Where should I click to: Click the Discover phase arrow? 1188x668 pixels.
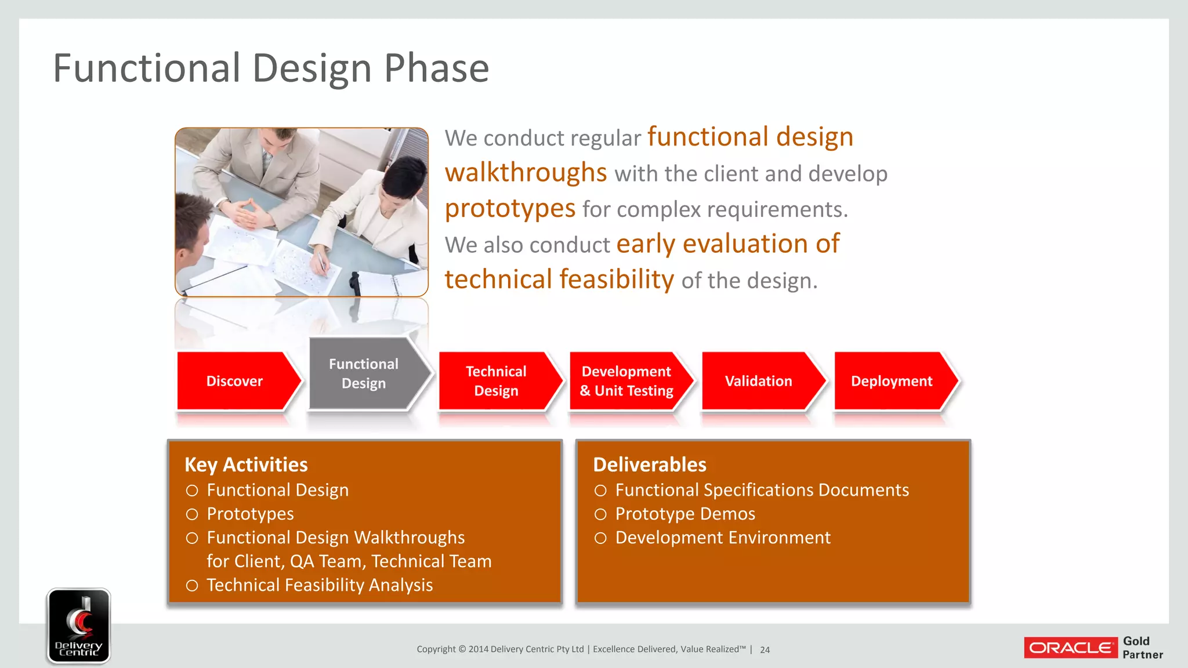point(235,381)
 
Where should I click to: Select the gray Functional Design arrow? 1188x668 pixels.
point(364,374)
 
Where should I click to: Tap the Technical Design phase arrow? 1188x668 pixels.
point(497,381)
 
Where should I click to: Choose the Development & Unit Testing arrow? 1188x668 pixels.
point(627,381)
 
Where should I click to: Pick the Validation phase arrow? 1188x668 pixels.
point(759,381)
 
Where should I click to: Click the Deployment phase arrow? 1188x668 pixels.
point(892,381)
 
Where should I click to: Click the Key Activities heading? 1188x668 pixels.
point(246,464)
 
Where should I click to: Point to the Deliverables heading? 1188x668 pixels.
point(650,464)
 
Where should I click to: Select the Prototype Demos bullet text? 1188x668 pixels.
point(685,514)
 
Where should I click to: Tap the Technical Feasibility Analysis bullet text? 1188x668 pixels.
point(320,585)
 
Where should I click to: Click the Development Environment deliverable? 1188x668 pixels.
point(723,538)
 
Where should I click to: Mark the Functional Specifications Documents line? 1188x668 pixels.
point(762,490)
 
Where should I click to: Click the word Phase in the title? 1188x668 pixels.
point(436,68)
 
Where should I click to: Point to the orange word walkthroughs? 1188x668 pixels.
point(526,173)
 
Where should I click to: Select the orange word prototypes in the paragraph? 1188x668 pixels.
point(510,208)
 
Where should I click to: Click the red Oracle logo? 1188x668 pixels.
point(1070,648)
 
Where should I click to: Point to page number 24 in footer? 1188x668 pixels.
point(765,650)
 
